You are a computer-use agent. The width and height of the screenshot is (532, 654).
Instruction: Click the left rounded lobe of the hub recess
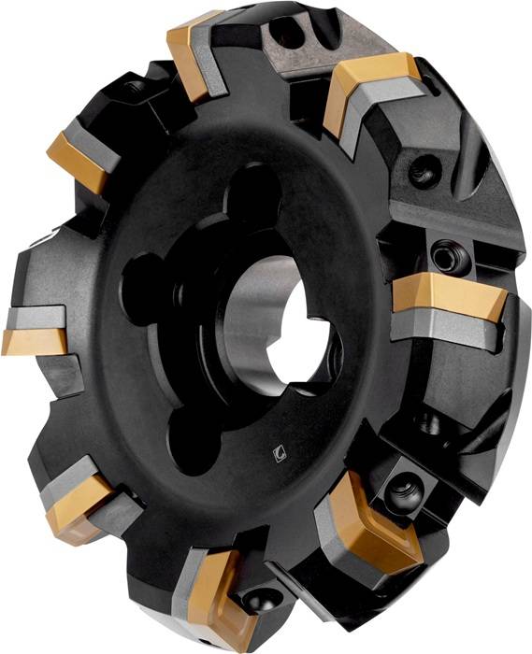pos(147,280)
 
